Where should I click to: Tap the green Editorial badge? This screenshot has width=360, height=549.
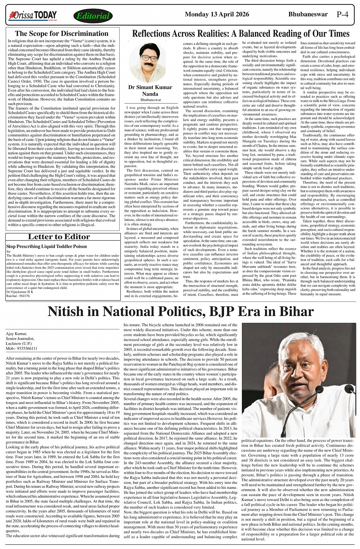(93, 16)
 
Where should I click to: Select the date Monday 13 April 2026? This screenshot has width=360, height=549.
(216, 14)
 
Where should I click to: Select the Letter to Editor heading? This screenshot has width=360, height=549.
(59, 237)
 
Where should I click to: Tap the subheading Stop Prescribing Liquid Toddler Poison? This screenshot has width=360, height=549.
(46, 247)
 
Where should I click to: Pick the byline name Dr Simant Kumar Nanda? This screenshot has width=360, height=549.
(145, 91)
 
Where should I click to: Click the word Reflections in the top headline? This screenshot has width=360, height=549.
(155, 34)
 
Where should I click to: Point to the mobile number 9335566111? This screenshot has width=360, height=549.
(26, 348)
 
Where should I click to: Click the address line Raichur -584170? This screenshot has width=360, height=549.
(18, 295)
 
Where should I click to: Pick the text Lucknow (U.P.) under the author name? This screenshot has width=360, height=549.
(20, 343)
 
